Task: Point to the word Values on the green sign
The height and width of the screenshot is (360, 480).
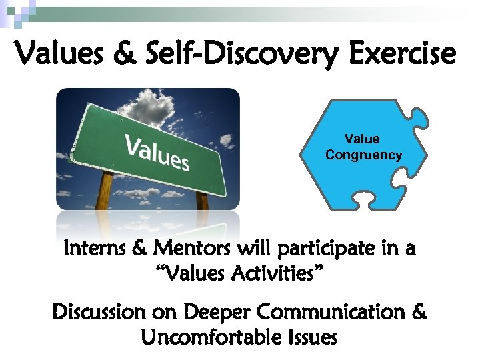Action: pos(157,151)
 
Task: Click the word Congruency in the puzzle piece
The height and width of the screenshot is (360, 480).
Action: pos(363,155)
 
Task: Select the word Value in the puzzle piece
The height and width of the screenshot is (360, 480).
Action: pos(362,139)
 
